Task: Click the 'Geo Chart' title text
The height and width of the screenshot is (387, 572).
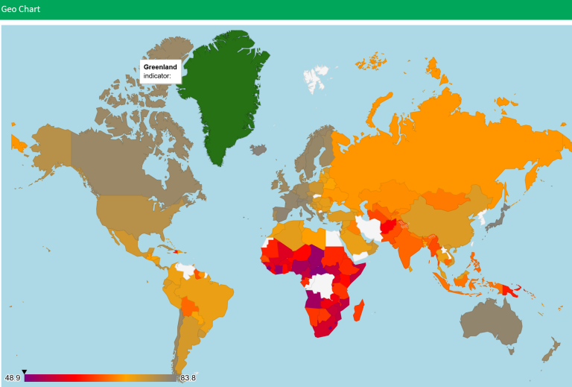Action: tap(20, 10)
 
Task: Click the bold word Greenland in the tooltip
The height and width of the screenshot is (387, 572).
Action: tap(160, 67)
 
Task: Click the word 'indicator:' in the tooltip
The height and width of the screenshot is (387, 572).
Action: tap(157, 76)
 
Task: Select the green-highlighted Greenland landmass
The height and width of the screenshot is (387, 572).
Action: tap(223, 97)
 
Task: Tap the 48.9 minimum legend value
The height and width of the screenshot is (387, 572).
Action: tap(12, 378)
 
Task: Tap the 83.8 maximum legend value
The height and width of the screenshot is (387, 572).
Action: tap(188, 378)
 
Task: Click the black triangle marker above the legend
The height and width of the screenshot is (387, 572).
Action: tap(24, 371)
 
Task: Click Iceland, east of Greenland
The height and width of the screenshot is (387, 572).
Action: tap(258, 149)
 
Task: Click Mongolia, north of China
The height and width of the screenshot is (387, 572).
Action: tap(447, 198)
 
